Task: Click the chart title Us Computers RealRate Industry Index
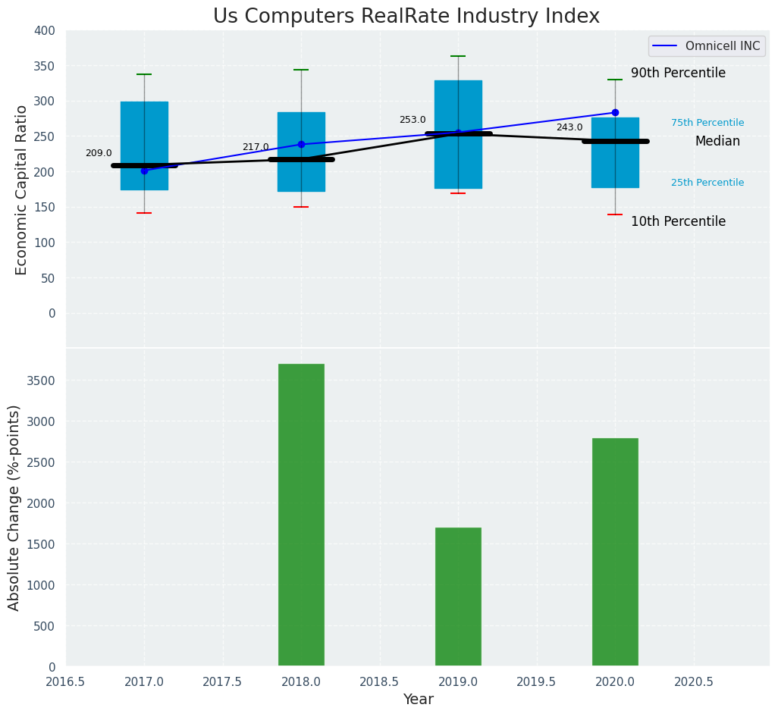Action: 406,17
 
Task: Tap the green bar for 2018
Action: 301,515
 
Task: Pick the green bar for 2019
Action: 458,597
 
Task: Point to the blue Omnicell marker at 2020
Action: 615,113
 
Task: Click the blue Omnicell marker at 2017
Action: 144,171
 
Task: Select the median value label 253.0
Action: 413,120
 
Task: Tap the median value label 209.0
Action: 99,153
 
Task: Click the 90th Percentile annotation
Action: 678,74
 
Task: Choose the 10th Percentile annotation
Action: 678,222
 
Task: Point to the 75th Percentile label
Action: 707,123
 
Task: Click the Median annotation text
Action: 717,142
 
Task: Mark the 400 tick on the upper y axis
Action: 45,30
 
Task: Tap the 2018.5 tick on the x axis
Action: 379,681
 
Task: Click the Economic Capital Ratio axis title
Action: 21,189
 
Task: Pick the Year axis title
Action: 418,700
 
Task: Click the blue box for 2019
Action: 458,163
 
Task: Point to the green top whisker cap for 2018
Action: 301,70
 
